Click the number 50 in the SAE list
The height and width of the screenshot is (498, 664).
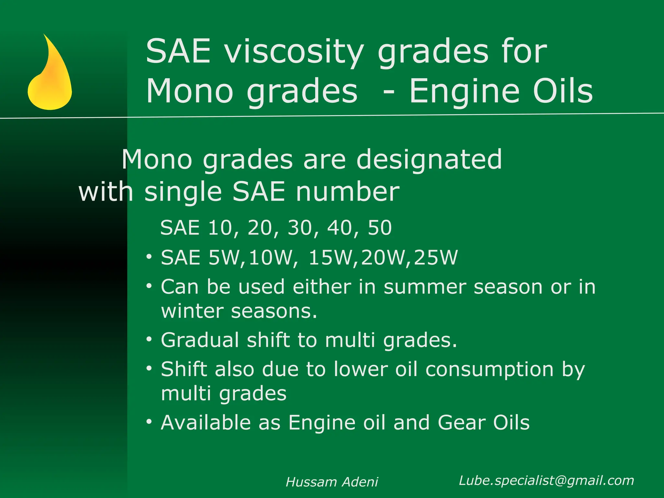tap(380, 228)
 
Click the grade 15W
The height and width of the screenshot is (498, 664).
tap(333, 258)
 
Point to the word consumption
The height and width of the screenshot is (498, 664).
tap(489, 369)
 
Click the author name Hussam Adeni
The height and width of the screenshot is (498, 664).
tap(332, 482)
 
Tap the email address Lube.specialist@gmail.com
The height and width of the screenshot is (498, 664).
tap(546, 480)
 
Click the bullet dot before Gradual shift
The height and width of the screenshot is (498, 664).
tap(149, 339)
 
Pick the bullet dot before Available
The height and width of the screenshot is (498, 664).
tap(149, 422)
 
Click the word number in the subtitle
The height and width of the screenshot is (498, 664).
tap(348, 192)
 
